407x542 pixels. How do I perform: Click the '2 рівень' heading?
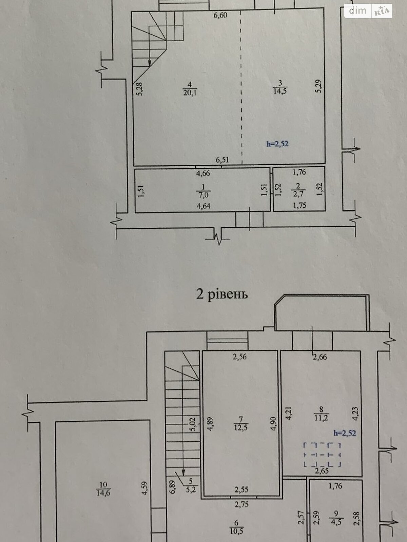pos(222,294)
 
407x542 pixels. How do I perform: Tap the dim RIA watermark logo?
pos(368,11)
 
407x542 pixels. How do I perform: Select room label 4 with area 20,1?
pos(190,89)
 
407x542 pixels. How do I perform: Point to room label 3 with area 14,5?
pos(280,87)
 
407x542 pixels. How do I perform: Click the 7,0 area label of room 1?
pos(203,195)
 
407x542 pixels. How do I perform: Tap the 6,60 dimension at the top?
pos(220,15)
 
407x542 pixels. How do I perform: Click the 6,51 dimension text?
pos(222,160)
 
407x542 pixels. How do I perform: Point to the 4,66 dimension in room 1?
pos(203,173)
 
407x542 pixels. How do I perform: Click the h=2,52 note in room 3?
pos(277,144)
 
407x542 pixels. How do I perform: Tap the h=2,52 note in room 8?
pos(345,433)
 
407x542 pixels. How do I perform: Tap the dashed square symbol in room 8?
pos(322,455)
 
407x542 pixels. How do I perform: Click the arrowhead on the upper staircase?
pos(150,63)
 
